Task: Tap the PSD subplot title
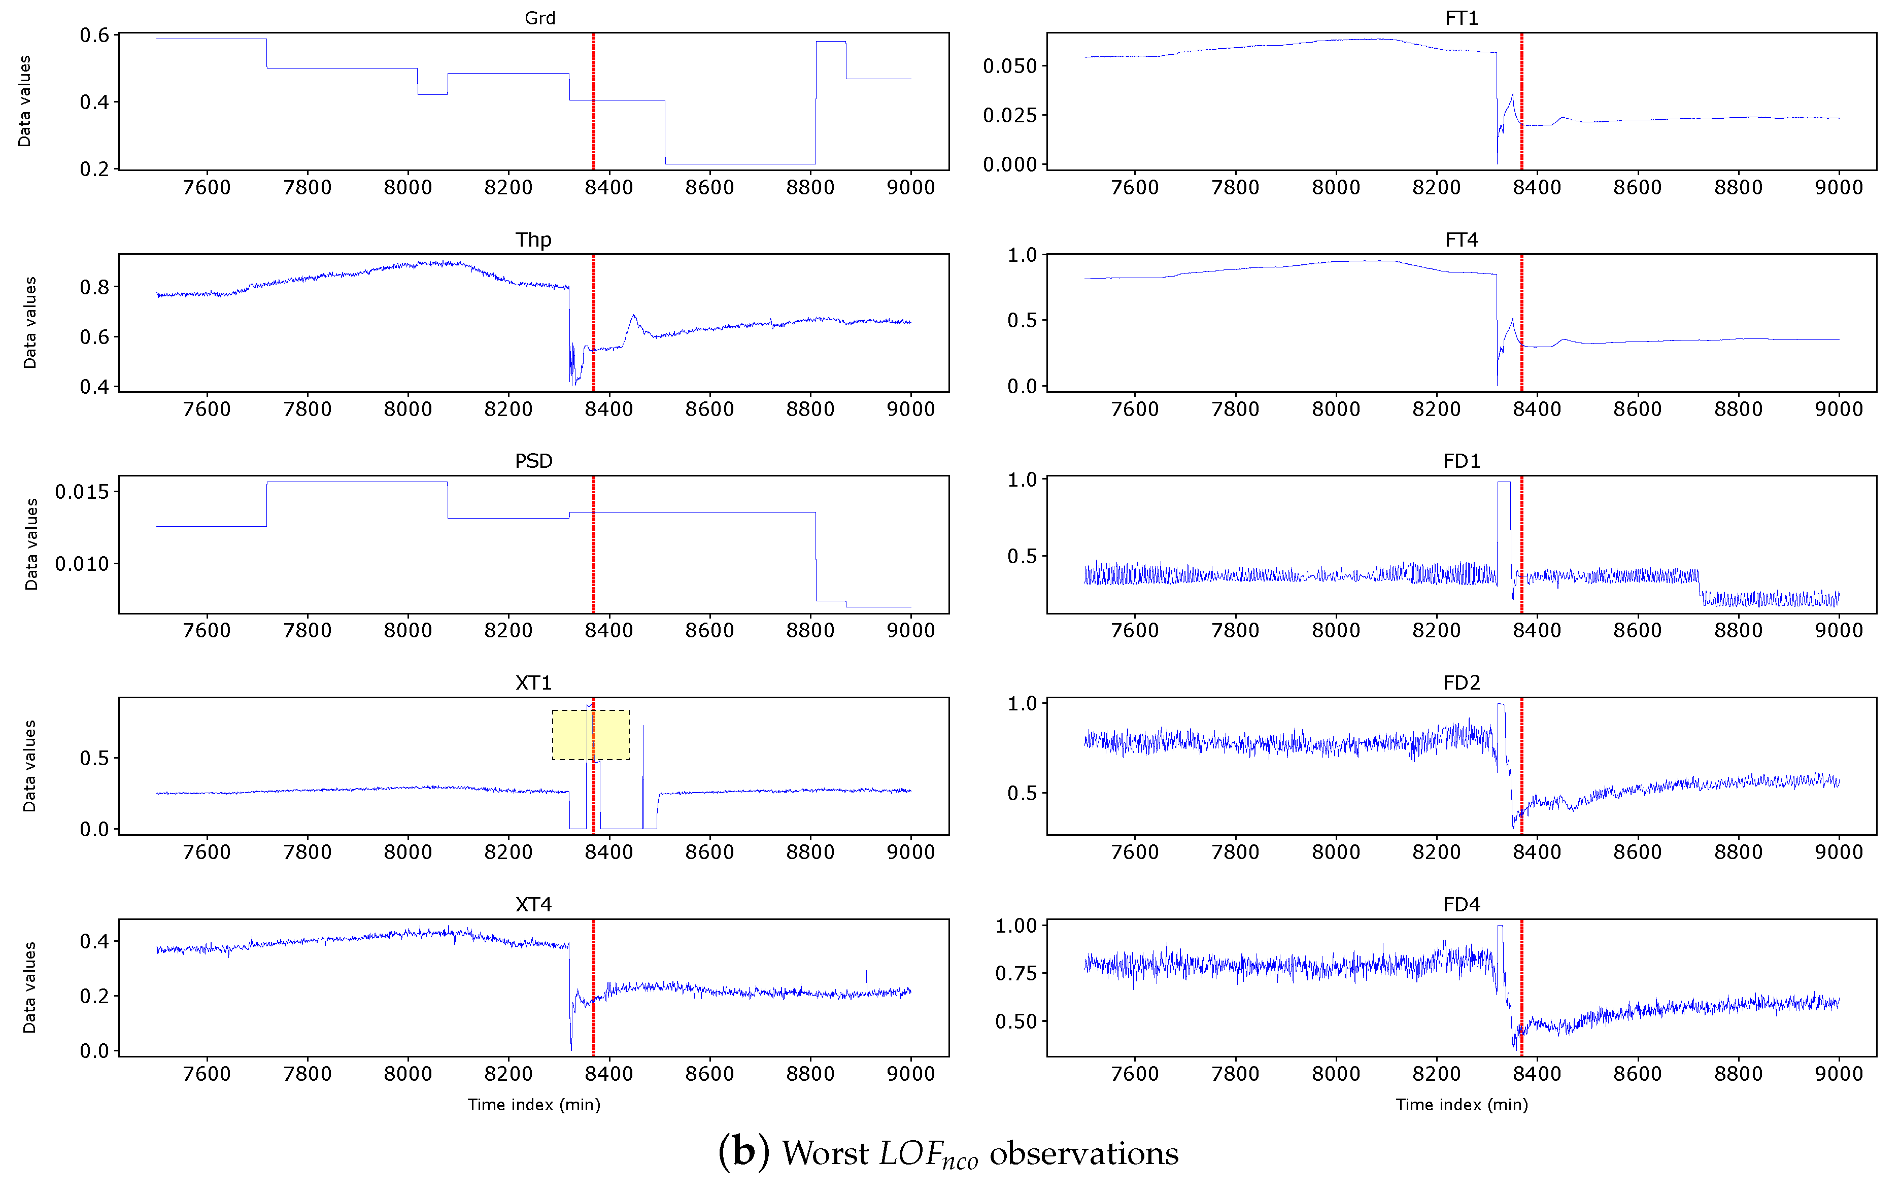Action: click(x=534, y=461)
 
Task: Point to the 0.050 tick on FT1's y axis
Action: click(x=1010, y=66)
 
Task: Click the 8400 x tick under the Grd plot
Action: click(x=608, y=187)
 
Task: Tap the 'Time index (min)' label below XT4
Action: click(x=534, y=1105)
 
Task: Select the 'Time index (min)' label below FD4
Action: click(x=1462, y=1105)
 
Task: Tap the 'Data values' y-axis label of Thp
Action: click(x=30, y=322)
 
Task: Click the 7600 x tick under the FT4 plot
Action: click(x=1134, y=409)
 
